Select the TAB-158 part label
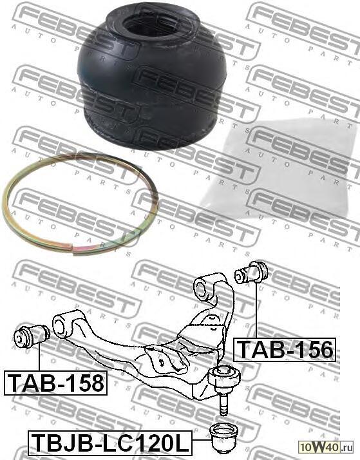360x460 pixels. coord(55,383)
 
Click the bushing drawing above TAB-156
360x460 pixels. coord(252,272)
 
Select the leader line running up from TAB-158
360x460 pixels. coord(39,358)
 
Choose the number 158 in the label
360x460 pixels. coord(84,383)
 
